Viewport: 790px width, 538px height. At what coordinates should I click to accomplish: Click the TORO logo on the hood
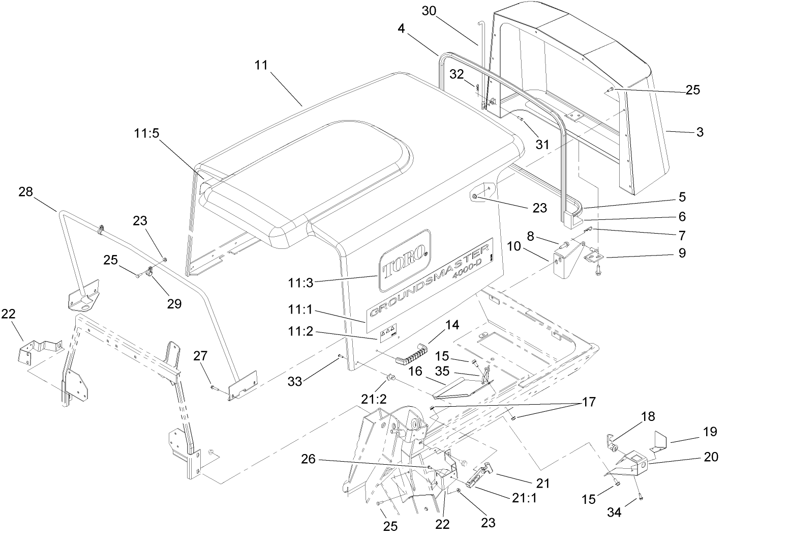click(x=404, y=261)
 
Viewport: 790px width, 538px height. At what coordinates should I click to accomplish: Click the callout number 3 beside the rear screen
click(x=700, y=132)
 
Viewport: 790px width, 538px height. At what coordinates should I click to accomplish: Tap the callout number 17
click(x=589, y=402)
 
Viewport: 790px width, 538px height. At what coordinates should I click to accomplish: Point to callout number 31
click(x=542, y=145)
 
